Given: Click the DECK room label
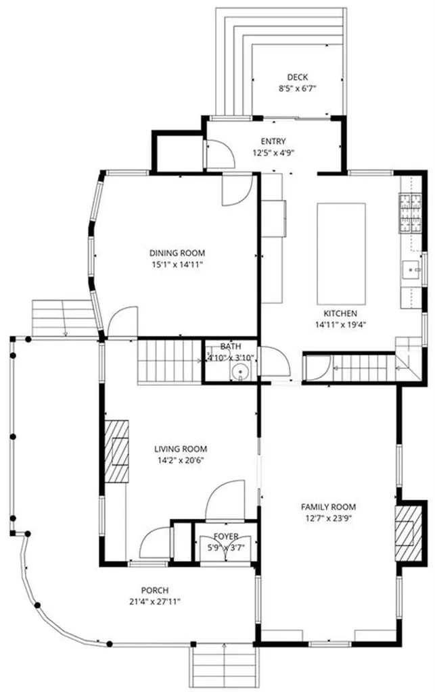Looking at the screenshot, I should [x=297, y=77].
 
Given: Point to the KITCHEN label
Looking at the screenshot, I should [x=340, y=314].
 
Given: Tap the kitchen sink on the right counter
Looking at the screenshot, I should [x=410, y=270].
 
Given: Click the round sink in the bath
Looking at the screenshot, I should [x=241, y=372].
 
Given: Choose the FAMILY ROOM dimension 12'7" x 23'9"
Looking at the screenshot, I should [x=328, y=518].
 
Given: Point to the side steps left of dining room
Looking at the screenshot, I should [x=64, y=318].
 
